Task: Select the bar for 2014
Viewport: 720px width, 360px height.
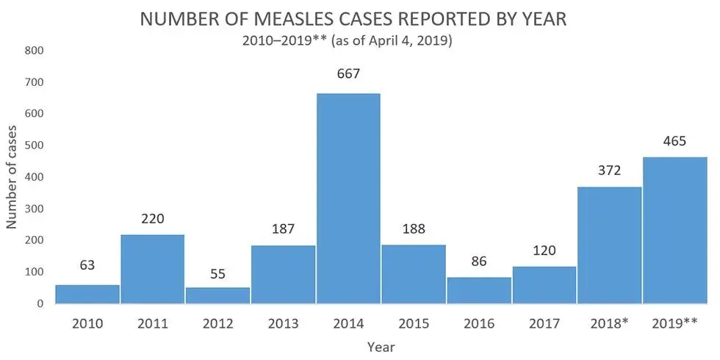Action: pyautogui.click(x=349, y=198)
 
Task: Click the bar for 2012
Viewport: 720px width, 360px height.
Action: pyautogui.click(x=218, y=295)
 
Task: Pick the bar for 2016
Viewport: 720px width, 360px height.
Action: pyautogui.click(x=480, y=290)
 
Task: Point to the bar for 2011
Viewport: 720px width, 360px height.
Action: pyautogui.click(x=153, y=268)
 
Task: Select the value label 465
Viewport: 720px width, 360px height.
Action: pyautogui.click(x=674, y=141)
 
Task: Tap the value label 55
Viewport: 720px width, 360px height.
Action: pyautogui.click(x=218, y=274)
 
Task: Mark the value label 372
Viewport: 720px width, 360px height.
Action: pyautogui.click(x=609, y=170)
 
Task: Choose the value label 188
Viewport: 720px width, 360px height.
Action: pyautogui.click(x=414, y=228)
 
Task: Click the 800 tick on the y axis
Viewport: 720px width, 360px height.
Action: pyautogui.click(x=35, y=51)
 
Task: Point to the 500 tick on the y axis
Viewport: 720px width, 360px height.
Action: pyautogui.click(x=35, y=145)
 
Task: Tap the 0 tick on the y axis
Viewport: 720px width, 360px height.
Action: pyautogui.click(x=40, y=303)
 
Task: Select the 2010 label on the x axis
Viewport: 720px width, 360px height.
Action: pyautogui.click(x=88, y=323)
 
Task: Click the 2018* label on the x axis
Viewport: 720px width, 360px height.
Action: pyautogui.click(x=609, y=323)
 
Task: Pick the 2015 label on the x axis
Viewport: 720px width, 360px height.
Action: pyautogui.click(x=414, y=323)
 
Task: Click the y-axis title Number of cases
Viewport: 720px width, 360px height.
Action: pyautogui.click(x=12, y=176)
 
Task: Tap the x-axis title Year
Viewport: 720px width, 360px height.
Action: pyautogui.click(x=381, y=345)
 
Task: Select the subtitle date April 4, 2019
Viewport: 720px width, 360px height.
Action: pyautogui.click(x=407, y=42)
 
